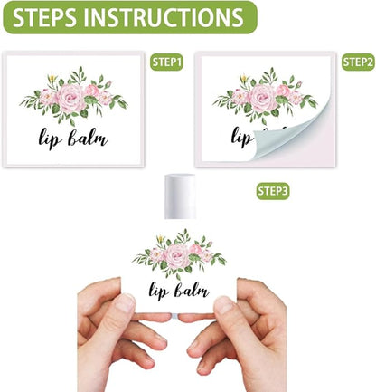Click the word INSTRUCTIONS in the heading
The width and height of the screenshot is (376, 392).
click(162, 18)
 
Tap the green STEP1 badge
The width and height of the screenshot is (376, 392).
click(166, 62)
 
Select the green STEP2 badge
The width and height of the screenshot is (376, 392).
click(358, 62)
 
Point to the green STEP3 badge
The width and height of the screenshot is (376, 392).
click(273, 191)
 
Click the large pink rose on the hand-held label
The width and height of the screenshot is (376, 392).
click(178, 257)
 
